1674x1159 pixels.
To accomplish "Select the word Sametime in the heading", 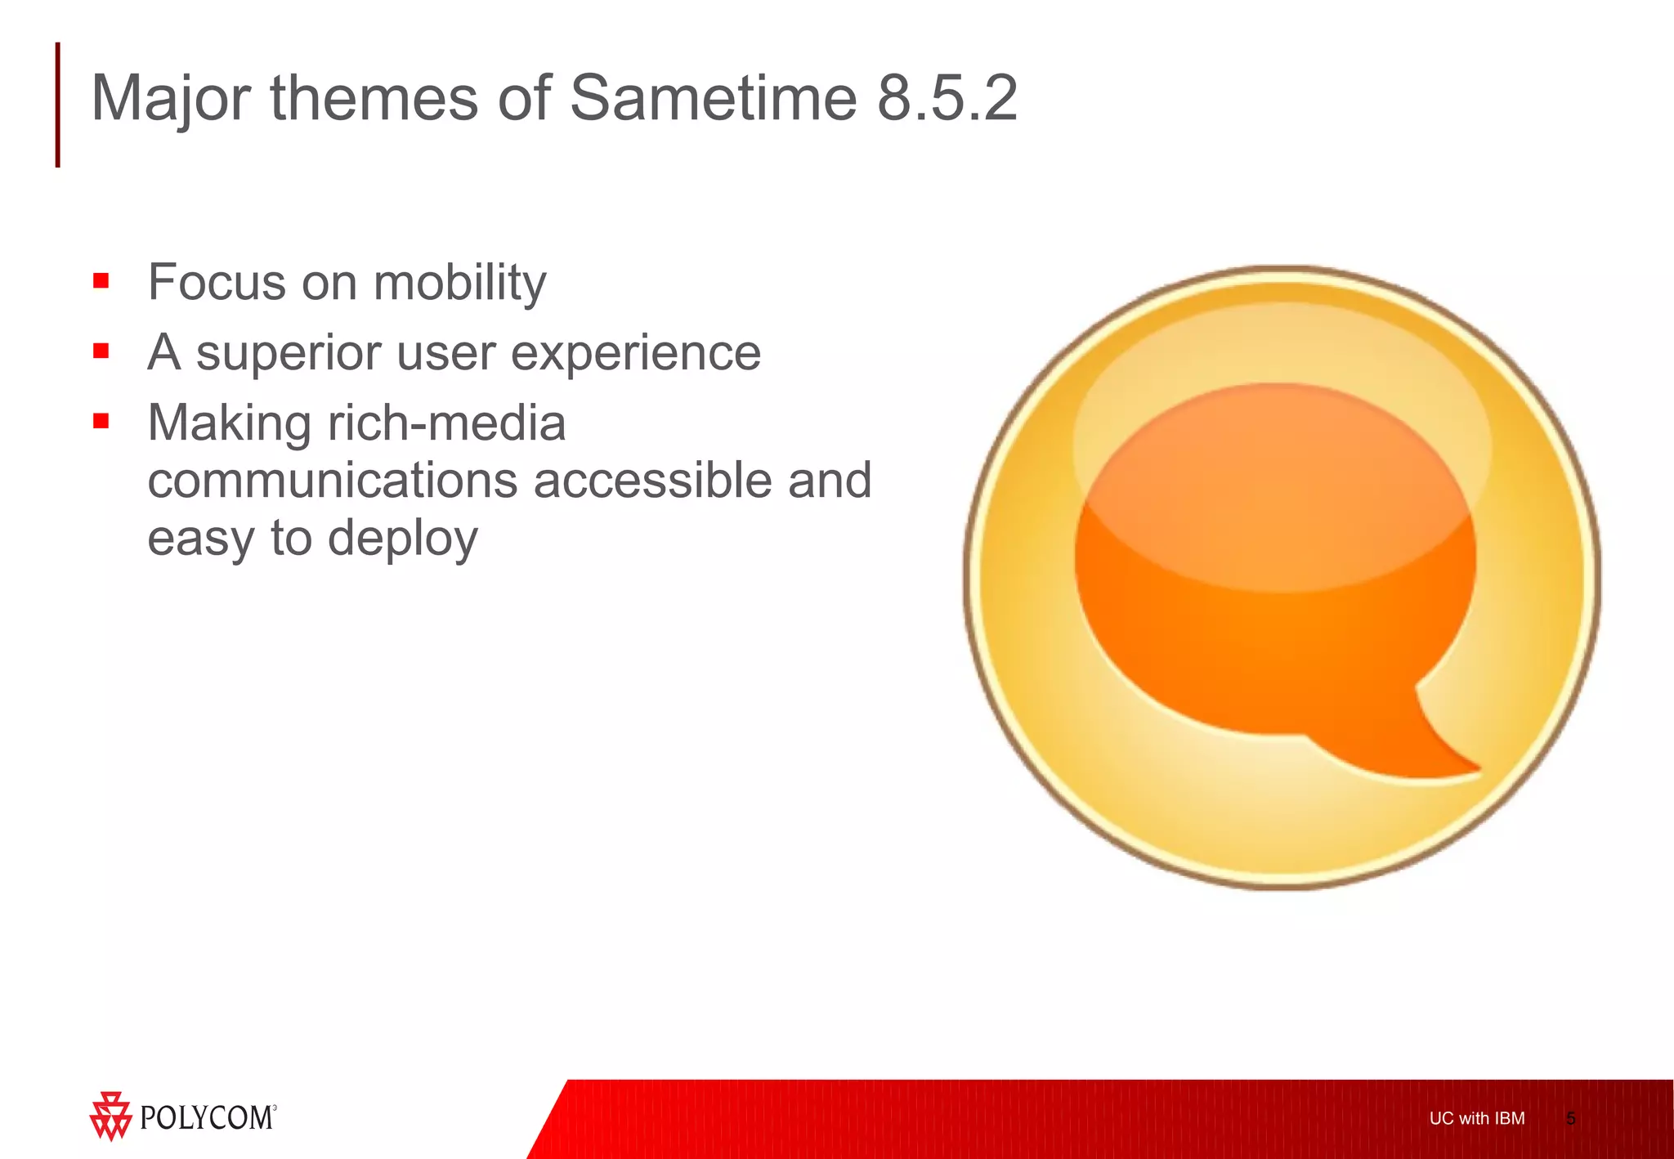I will click(x=713, y=98).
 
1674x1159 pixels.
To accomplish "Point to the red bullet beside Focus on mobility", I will click(x=101, y=282).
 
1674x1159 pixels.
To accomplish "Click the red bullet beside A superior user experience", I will click(x=101, y=351).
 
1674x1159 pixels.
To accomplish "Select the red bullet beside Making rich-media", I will click(x=101, y=422).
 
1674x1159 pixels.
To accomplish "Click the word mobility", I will click(x=459, y=283).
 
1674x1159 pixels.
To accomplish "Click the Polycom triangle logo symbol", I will click(x=110, y=1116).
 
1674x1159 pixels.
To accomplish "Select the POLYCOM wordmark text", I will click(x=207, y=1117).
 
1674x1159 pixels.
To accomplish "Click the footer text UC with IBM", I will click(x=1476, y=1118).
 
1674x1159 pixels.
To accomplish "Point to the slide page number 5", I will click(x=1570, y=1118).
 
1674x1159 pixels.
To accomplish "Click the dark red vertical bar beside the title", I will click(x=57, y=105).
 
